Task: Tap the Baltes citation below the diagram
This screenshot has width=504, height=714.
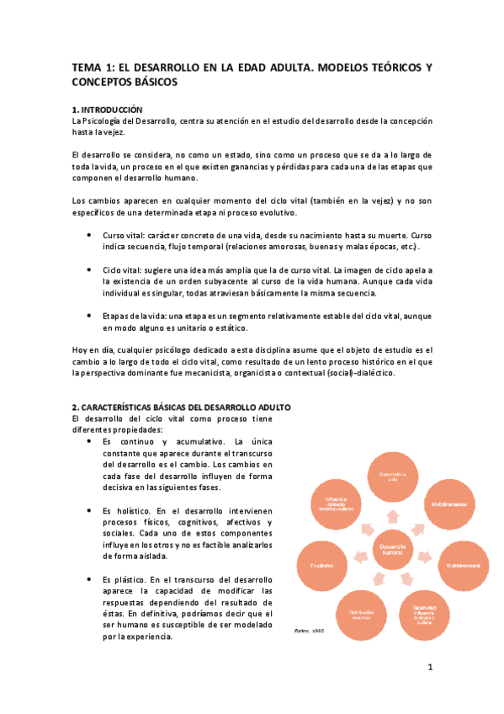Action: [x=307, y=630]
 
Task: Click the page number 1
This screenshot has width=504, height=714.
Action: [x=429, y=669]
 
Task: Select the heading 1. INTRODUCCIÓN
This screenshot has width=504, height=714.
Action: [x=108, y=110]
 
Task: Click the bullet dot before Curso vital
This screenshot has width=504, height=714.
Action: [x=90, y=236]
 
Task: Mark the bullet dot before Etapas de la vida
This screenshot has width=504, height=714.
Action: [x=90, y=315]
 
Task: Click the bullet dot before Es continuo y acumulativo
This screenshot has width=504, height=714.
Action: [x=90, y=441]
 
